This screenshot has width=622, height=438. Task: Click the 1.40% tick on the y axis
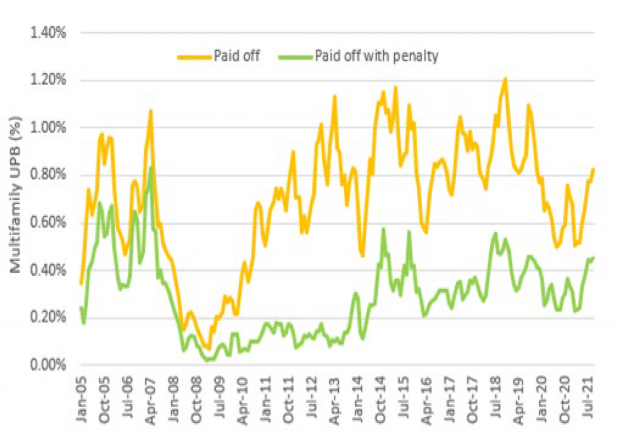49,33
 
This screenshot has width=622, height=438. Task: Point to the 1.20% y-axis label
49,80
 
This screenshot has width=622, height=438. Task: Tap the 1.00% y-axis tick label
49,128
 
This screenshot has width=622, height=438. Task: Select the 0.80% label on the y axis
49,176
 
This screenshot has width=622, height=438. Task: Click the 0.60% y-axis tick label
49,223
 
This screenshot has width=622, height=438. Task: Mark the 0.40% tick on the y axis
49,270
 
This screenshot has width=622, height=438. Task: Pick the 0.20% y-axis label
49,318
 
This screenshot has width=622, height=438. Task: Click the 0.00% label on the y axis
49,365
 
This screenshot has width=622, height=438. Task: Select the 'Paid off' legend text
237,56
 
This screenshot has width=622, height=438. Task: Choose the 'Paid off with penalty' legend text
377,56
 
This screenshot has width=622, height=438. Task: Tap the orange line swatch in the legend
193,57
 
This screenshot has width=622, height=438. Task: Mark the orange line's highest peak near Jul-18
505,78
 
